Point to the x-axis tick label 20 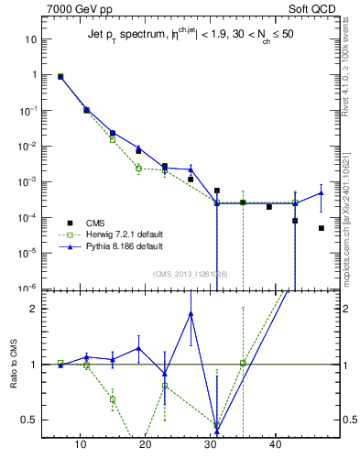click(x=145, y=445)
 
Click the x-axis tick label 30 click(x=211, y=445)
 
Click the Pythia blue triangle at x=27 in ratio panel click(x=191, y=313)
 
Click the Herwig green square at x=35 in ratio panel click(x=243, y=364)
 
